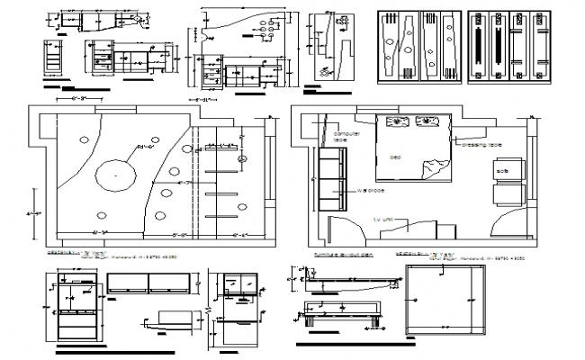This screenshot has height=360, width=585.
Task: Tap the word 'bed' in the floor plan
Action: point(394,157)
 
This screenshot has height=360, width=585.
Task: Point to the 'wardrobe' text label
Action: point(371,191)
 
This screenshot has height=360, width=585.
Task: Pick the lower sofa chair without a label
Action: point(507,195)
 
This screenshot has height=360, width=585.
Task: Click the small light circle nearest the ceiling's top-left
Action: point(83,139)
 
